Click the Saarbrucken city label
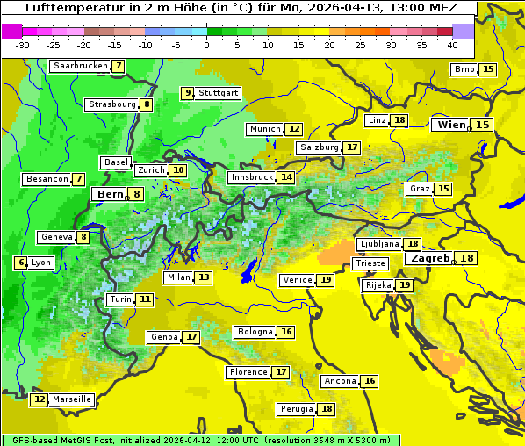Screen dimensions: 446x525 pos(81,66)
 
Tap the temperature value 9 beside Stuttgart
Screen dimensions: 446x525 pos(187,93)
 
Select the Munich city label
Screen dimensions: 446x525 pos(265,129)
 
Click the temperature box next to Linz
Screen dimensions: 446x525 pos(399,120)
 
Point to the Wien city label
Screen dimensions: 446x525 pos(452,125)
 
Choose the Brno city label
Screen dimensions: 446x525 pos(464,69)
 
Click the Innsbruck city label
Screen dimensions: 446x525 pos(251,177)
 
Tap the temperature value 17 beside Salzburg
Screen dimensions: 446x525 pos(352,147)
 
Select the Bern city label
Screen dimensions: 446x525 pos(110,194)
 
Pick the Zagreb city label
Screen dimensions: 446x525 pos(430,258)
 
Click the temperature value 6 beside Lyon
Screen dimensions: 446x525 pos(21,263)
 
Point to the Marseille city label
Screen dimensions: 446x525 pos(71,399)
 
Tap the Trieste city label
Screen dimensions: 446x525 pos(368,263)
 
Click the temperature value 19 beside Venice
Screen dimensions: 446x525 pos(326,280)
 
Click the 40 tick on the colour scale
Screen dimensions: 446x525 pos(452,44)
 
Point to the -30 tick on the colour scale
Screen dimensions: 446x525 pos(22,44)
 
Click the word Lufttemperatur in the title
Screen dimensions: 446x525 pos(65,8)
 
